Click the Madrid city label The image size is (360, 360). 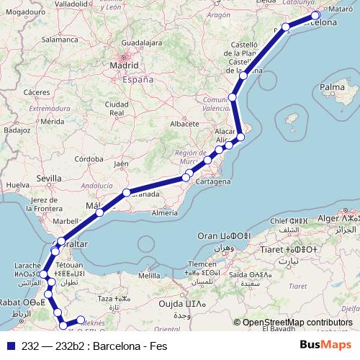tap(123, 66)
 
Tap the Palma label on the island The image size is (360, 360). tap(333, 88)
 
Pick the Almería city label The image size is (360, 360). tap(164, 213)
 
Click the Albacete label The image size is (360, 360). tap(184, 123)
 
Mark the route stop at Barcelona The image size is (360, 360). tap(315, 16)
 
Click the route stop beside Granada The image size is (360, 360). tap(126, 192)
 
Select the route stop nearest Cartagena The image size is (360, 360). tap(186, 176)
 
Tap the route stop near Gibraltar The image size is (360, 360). tap(61, 242)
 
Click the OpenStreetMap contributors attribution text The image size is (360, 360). tap(297, 322)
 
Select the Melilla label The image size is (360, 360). tap(149, 275)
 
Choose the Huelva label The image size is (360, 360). tap(16, 185)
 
